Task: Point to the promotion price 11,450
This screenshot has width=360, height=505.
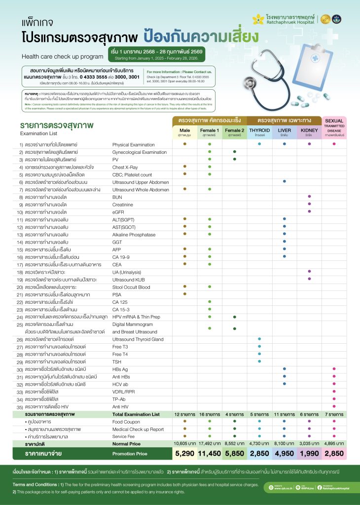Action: [x=209, y=454]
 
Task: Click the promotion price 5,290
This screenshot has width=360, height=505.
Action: [x=184, y=454]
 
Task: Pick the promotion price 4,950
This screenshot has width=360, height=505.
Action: [x=284, y=454]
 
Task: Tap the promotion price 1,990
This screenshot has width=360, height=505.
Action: [x=309, y=454]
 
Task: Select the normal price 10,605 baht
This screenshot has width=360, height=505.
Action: [x=184, y=444]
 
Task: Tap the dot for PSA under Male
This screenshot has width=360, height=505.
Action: [x=184, y=294]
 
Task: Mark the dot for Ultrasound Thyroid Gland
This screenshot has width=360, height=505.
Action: [x=259, y=339]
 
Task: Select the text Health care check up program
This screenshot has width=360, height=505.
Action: [x=62, y=56]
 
